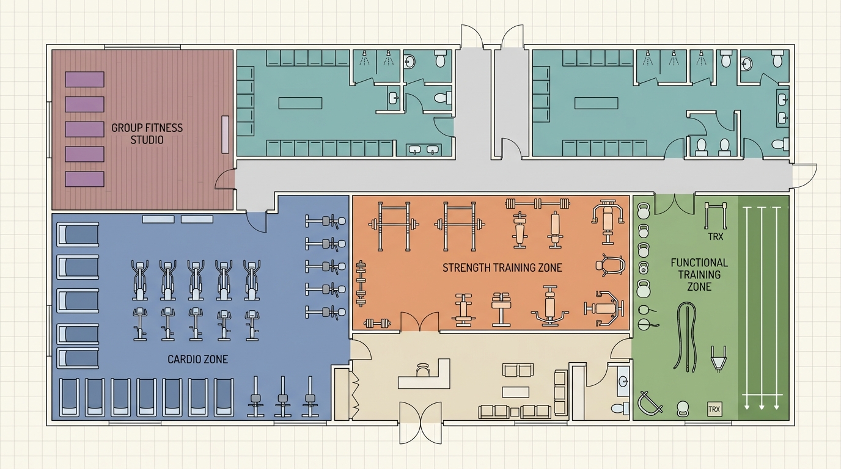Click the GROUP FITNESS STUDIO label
click(147, 134)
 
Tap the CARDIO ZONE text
click(198, 360)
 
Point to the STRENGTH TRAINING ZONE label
click(502, 267)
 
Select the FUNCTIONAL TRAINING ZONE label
click(699, 275)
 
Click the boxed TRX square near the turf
click(714, 409)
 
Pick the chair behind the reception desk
click(423, 369)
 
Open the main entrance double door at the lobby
click(420, 423)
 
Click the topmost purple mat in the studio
click(84, 79)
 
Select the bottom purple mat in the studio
click(84, 179)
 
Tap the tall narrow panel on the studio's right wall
click(226, 134)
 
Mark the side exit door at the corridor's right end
click(804, 176)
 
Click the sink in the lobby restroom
click(623, 381)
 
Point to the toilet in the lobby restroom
click(620, 408)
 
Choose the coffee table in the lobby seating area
click(515, 392)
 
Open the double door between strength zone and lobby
click(420, 322)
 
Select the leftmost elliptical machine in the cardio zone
click(140, 280)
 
